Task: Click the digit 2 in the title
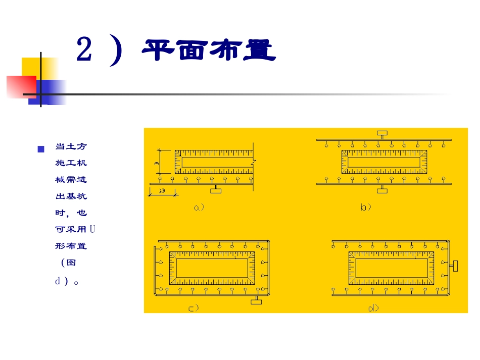[84, 50]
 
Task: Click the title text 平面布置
[208, 51]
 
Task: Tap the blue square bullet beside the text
[41, 149]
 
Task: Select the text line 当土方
[71, 147]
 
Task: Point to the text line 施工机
[71, 163]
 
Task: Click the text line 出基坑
[71, 196]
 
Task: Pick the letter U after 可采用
[92, 229]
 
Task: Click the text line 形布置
[71, 246]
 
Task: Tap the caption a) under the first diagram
[199, 207]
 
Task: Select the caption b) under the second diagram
[366, 207]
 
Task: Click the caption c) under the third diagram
[194, 307]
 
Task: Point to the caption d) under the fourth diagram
[373, 307]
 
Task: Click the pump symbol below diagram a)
[216, 189]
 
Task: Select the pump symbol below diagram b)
[382, 189]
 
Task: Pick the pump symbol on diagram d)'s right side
[455, 265]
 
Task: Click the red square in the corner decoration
[21, 86]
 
